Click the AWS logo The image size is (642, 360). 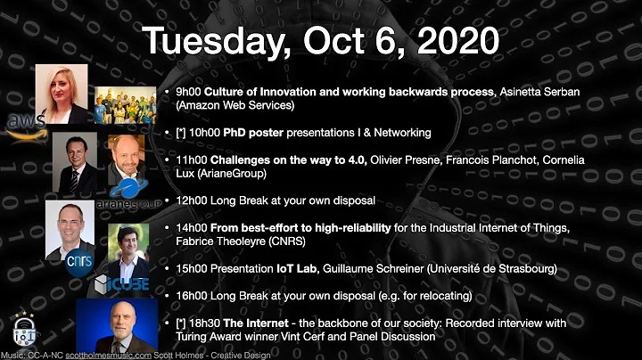tap(24, 125)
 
